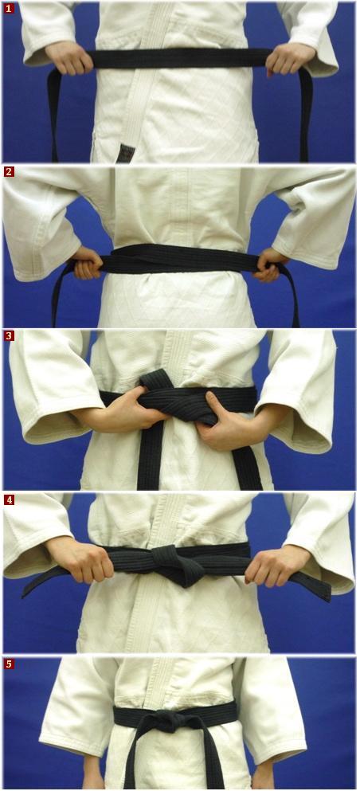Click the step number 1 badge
[x=9, y=8]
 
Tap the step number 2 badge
[x=9, y=172]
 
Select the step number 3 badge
[x=9, y=336]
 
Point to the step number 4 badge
[x=9, y=500]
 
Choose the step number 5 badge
[x=9, y=664]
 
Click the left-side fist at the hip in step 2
[x=88, y=263]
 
